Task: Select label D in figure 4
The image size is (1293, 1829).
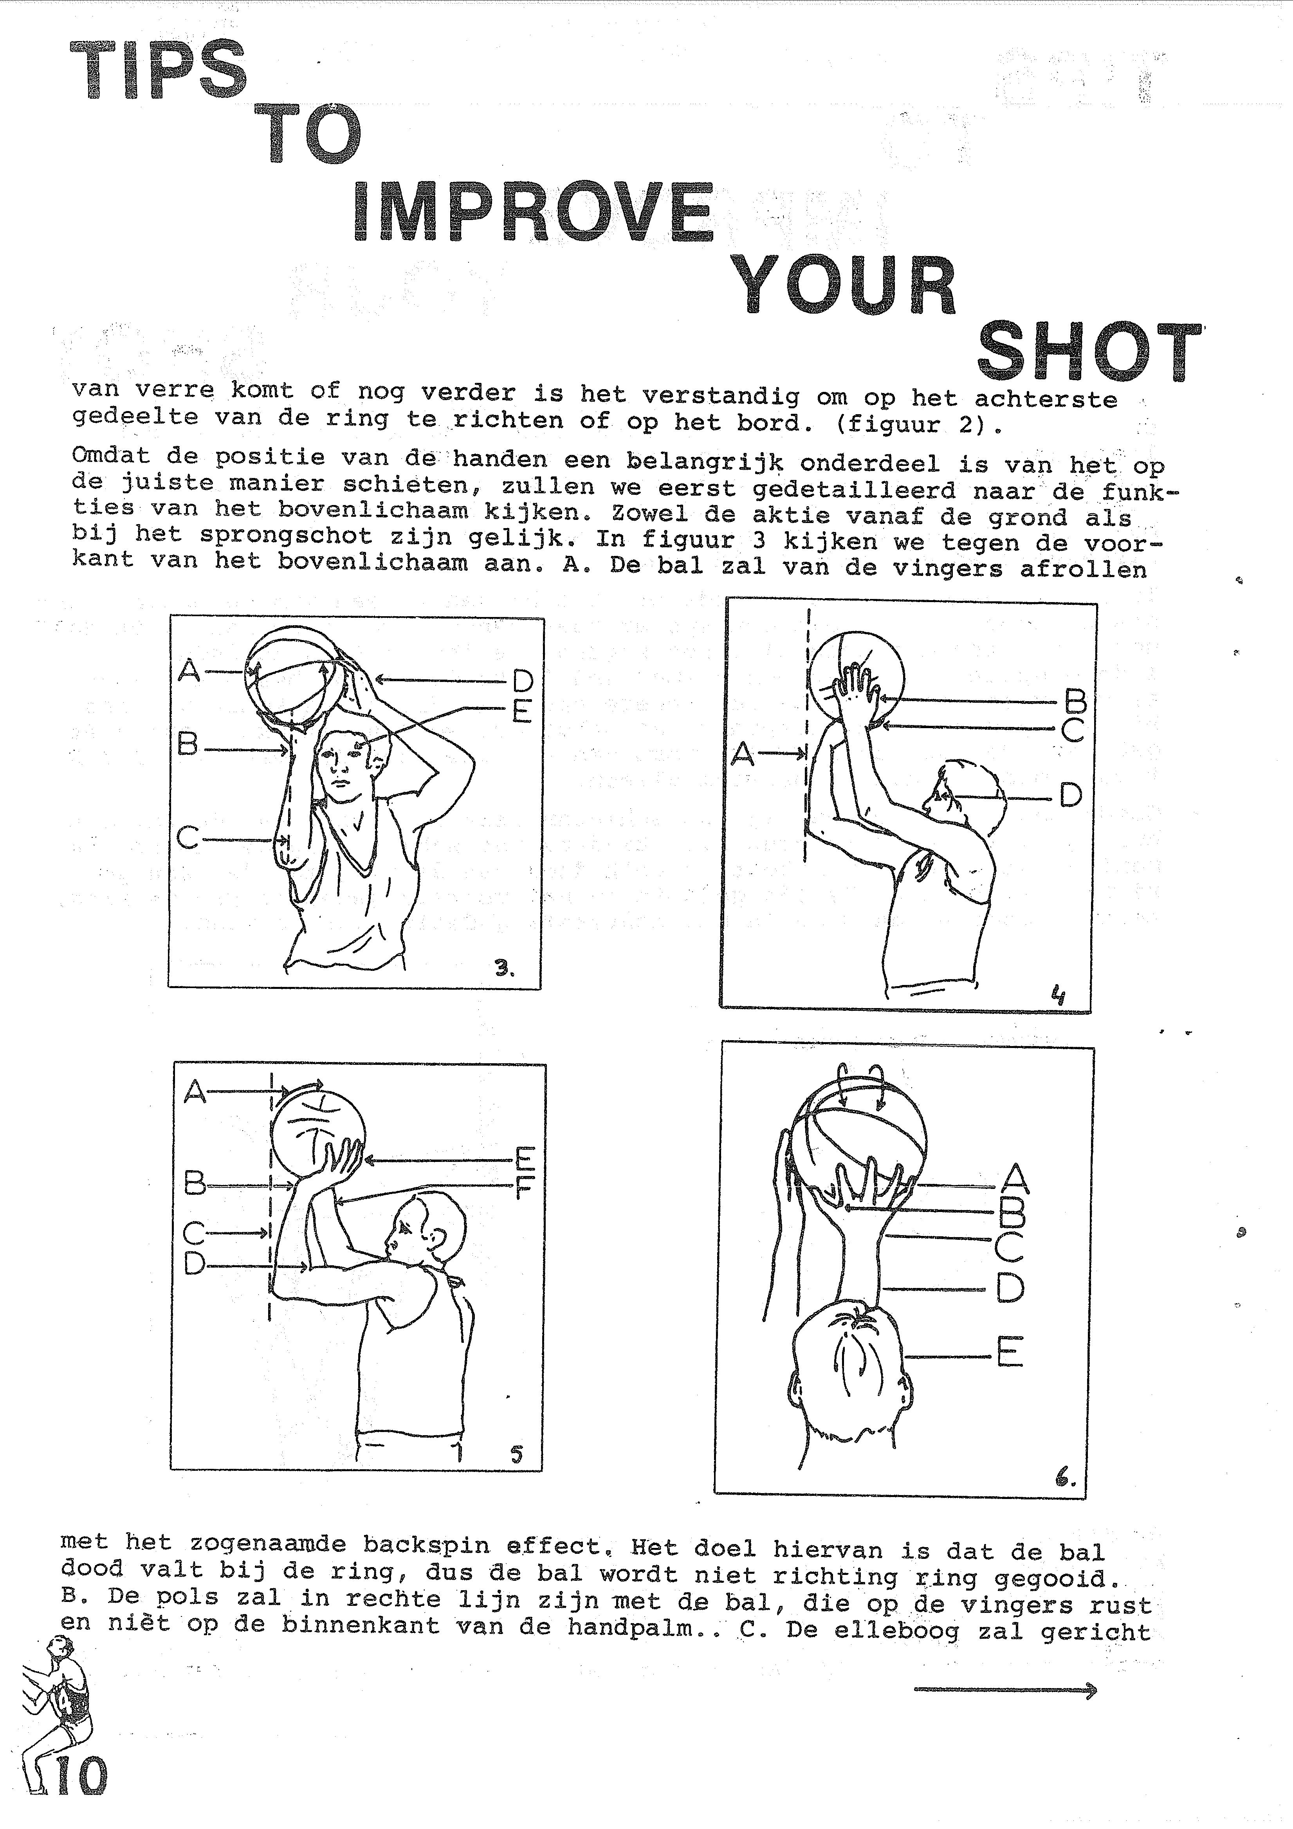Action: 1071,795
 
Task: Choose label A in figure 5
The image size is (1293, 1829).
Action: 195,1091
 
